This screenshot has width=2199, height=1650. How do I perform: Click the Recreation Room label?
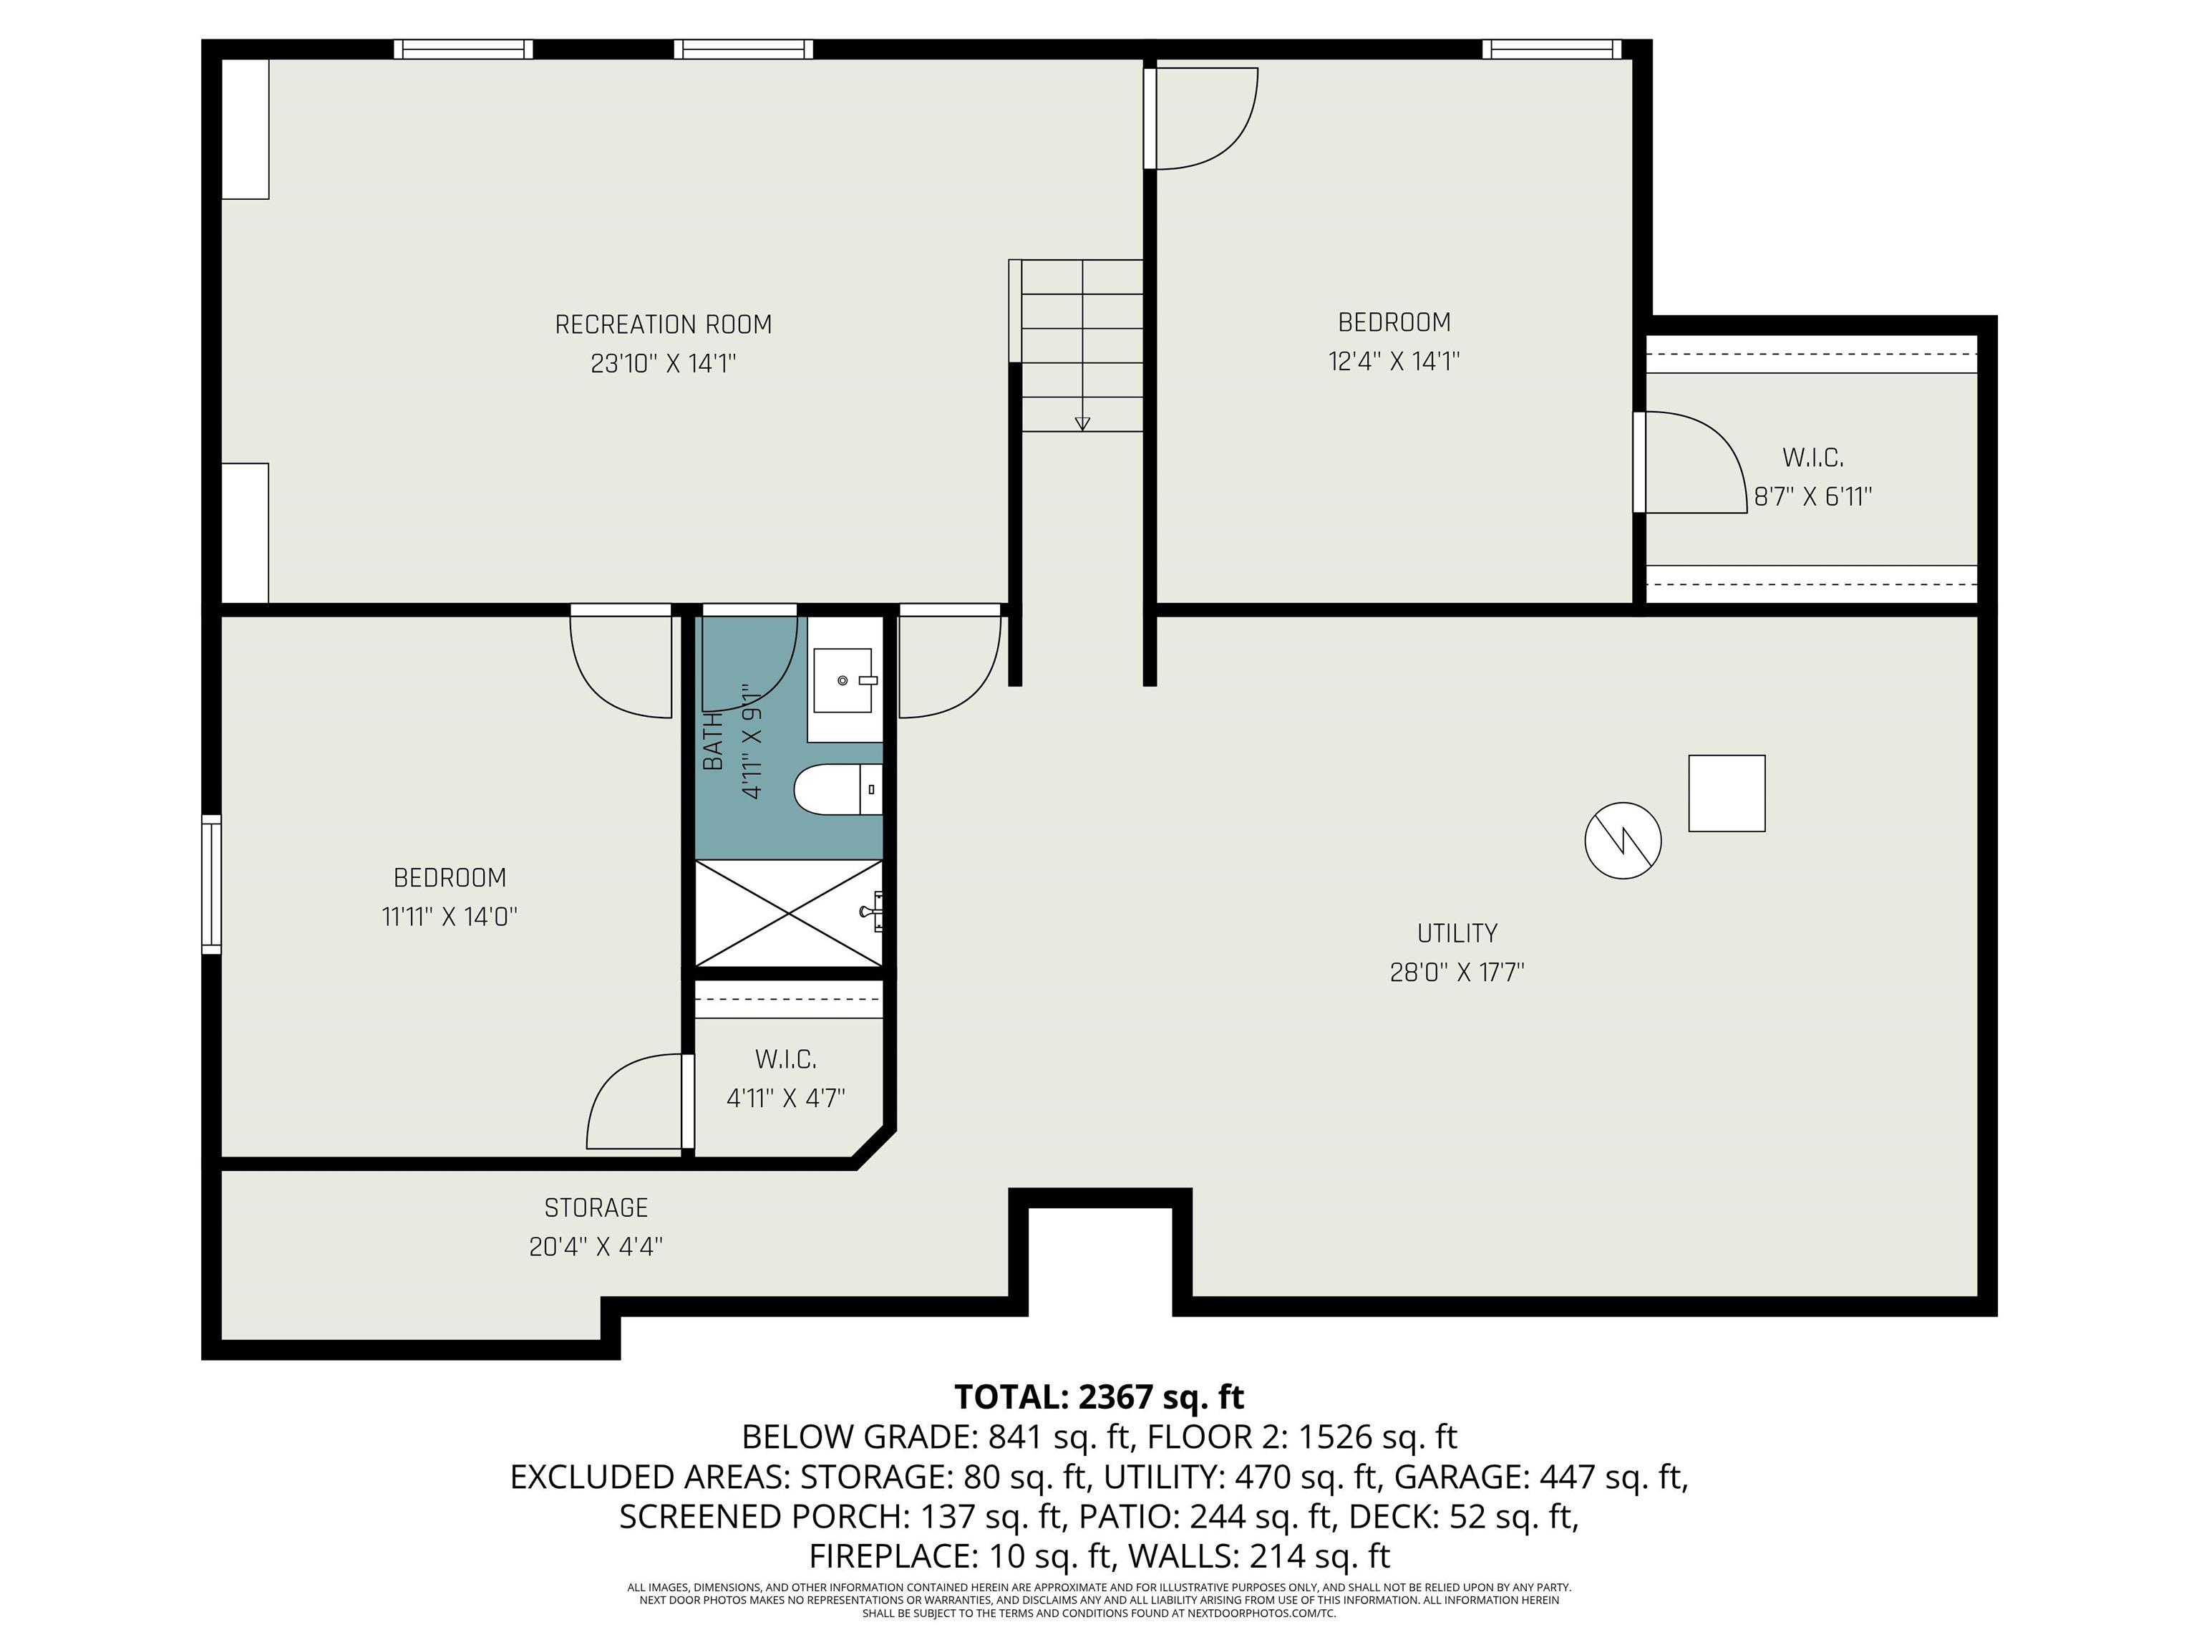click(x=663, y=324)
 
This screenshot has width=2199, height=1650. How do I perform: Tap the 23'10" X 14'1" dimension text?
click(x=663, y=363)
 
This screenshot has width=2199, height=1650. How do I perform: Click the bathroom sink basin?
click(x=844, y=680)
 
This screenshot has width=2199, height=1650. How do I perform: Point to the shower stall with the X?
click(x=788, y=913)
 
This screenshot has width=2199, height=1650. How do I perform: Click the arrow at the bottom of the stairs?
click(x=1082, y=423)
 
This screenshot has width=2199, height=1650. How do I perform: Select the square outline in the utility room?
click(x=1727, y=793)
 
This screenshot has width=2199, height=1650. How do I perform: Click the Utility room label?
click(x=1457, y=933)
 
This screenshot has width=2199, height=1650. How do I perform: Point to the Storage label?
click(x=596, y=1207)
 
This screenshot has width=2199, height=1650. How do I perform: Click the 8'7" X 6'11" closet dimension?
click(x=1812, y=496)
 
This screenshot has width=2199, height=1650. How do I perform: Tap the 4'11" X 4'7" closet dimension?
click(x=785, y=1098)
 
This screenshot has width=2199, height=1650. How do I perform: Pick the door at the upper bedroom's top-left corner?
click(x=1201, y=118)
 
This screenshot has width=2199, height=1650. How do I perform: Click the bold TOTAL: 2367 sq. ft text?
click(x=1099, y=1397)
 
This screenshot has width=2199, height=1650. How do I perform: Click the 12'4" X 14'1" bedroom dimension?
click(x=1394, y=361)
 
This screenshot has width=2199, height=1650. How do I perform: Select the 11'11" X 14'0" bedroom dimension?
click(x=450, y=916)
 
